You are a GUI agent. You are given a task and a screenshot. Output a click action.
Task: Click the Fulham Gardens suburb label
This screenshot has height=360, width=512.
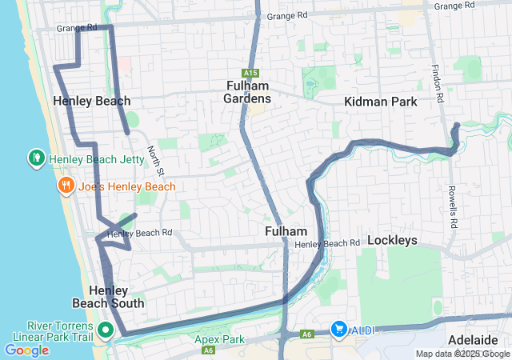247,92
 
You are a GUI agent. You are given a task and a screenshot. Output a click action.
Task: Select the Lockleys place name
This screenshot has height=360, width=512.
393,239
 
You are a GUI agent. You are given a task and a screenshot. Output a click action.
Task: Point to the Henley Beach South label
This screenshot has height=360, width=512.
109,297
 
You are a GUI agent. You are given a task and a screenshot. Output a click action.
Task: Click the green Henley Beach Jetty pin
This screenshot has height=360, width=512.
36,158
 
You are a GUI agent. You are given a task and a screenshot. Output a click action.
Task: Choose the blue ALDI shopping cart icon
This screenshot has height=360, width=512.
339,330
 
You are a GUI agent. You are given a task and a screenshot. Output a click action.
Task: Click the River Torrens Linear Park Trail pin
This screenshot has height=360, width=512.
106,329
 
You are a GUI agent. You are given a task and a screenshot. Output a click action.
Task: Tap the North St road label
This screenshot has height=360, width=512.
155,161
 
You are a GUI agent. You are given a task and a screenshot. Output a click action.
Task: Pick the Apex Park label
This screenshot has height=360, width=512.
218,339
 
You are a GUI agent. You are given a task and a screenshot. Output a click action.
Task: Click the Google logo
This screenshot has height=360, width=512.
26,350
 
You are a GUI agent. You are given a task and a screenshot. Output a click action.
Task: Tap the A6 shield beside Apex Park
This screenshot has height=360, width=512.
208,350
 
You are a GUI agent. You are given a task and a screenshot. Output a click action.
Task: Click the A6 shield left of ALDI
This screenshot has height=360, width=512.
307,334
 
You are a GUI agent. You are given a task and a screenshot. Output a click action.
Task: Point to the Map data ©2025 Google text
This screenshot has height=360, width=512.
462,354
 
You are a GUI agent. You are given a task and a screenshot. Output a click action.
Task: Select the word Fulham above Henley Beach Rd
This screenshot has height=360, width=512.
286,230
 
